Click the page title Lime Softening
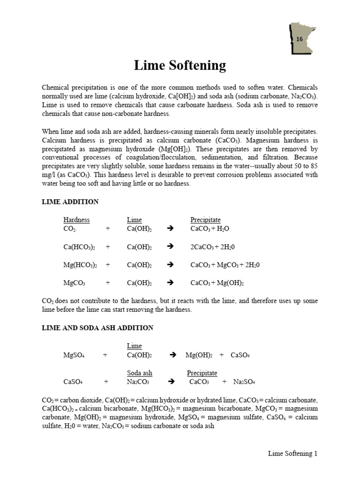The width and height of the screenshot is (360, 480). (180, 65)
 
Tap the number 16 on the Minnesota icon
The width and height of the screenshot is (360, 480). (299, 39)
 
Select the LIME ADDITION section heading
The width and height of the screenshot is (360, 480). (70, 202)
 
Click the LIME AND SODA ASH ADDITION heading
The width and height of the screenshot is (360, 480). (97, 328)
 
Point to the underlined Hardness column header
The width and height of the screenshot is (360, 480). (76, 220)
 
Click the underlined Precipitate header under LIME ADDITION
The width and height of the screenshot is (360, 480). (205, 220)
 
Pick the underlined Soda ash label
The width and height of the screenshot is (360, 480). (140, 373)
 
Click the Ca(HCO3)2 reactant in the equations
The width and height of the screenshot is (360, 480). (79, 247)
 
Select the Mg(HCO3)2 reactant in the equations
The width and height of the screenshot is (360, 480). (80, 265)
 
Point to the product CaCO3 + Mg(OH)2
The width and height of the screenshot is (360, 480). (217, 283)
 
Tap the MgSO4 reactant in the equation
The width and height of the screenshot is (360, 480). (73, 355)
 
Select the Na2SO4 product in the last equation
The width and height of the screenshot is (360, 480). (244, 382)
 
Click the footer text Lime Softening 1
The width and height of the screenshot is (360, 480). (292, 453)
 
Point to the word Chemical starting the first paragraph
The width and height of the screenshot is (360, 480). (56, 88)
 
